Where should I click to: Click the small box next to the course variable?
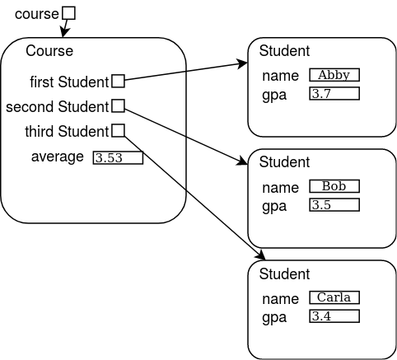(68, 13)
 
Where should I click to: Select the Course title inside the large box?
(49, 51)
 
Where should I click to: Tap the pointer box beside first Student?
(119, 81)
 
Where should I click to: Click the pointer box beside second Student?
(119, 105)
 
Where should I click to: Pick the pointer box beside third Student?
(119, 130)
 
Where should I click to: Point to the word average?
(58, 157)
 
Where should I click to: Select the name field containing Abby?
(334, 75)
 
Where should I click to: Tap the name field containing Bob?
(334, 186)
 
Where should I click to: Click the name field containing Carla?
(334, 297)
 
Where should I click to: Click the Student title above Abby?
(284, 51)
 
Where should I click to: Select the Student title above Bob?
(284, 162)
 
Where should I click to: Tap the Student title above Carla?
(284, 274)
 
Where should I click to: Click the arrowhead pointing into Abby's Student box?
(242, 64)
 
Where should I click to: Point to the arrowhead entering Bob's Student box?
(242, 161)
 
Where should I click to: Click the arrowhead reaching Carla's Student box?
(260, 255)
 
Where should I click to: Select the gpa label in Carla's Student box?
(274, 318)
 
